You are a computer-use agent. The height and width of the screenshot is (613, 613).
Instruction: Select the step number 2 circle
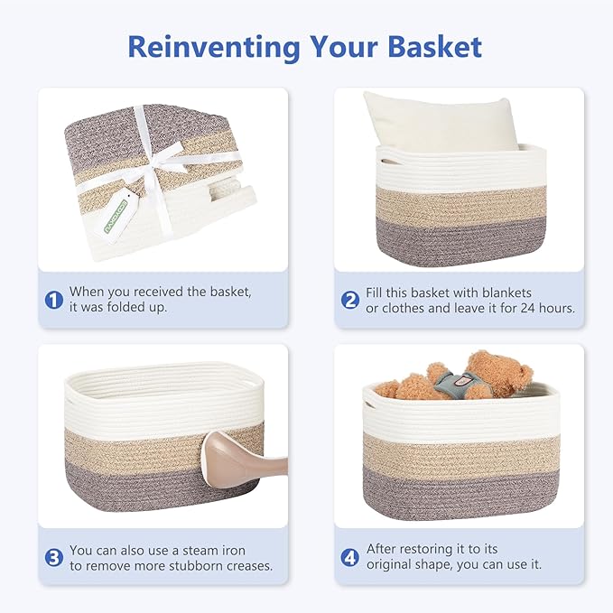point(350,300)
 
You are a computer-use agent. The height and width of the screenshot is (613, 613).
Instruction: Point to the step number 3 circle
point(54,558)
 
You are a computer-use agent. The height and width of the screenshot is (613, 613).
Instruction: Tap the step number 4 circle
point(350,558)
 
